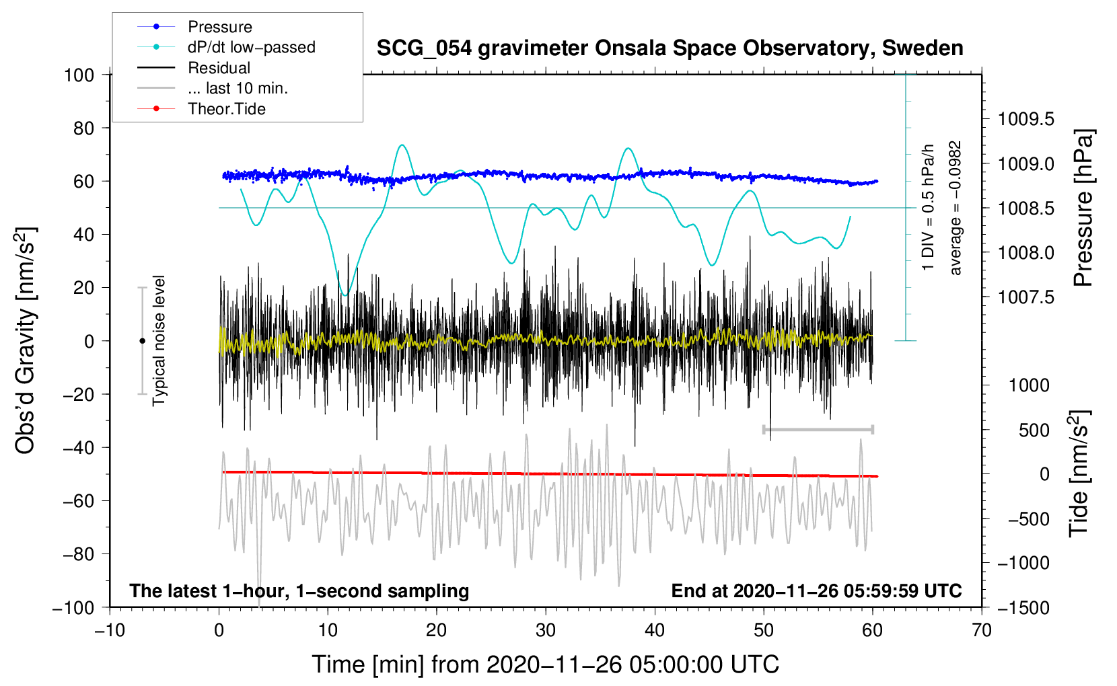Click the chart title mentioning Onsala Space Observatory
[670, 48]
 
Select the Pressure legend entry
[219, 27]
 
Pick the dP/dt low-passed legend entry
[251, 47]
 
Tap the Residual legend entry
[219, 68]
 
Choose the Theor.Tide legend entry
[226, 109]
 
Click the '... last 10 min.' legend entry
[238, 88]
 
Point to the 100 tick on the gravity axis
[79, 75]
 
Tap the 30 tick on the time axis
[546, 630]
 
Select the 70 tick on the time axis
[982, 630]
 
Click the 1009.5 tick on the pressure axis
[1025, 120]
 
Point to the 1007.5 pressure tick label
[1025, 297]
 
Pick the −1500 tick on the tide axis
[1023, 607]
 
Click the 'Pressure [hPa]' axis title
[1084, 208]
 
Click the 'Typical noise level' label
[159, 340]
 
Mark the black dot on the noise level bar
[142, 341]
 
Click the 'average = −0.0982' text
[956, 208]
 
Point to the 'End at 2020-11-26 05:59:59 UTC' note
[816, 590]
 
